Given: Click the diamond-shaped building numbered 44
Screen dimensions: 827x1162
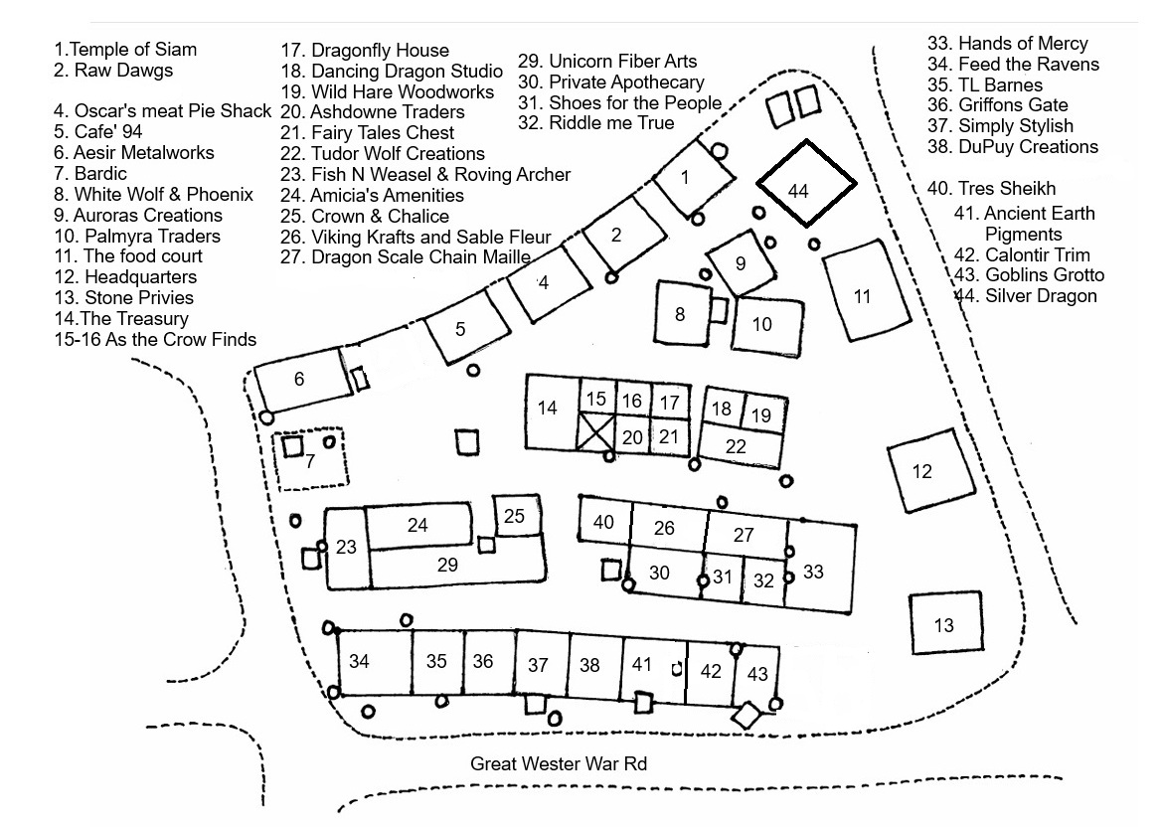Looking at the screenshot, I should [806, 183].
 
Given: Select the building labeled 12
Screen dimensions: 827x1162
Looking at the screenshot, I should [926, 471].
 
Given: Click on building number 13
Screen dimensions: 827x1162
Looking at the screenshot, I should [943, 623].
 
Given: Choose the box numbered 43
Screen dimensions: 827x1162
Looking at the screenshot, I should [758, 675].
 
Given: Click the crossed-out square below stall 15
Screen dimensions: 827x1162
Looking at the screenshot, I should [596, 434].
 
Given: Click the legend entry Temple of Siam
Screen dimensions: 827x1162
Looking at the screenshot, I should [125, 49].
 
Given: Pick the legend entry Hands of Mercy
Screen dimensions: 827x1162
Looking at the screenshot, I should [1008, 43].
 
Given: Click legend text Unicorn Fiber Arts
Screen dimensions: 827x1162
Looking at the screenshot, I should [607, 62].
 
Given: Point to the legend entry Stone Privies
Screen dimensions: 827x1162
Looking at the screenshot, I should [124, 297].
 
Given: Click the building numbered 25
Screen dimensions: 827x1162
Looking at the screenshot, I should [514, 516].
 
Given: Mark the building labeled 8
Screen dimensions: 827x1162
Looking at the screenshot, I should [681, 314].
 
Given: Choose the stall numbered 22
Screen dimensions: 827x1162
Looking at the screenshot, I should [737, 446].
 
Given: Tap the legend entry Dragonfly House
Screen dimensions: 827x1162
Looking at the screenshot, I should [366, 50].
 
